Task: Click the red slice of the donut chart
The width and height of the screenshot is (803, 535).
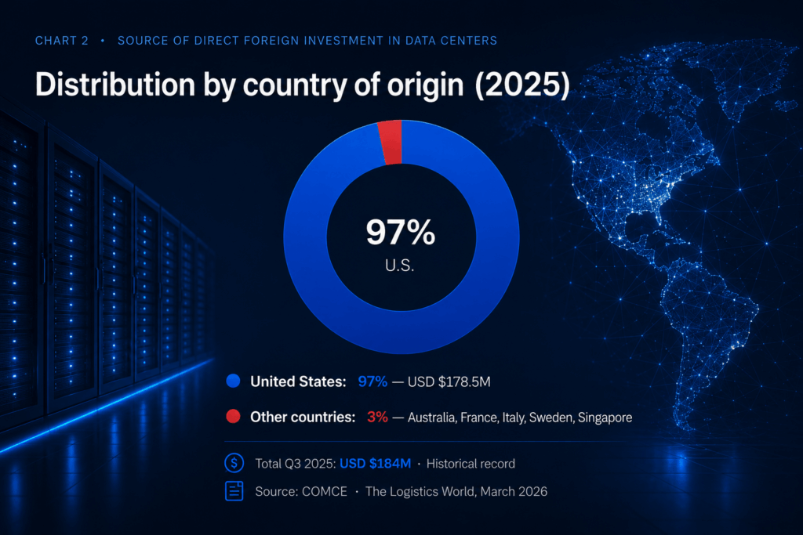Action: click(x=391, y=143)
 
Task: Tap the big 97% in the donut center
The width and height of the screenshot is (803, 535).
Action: click(x=401, y=232)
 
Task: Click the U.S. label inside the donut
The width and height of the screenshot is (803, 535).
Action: click(x=399, y=266)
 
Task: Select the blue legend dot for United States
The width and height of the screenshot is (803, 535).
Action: click(x=233, y=381)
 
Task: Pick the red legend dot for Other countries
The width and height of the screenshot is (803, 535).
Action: click(x=233, y=417)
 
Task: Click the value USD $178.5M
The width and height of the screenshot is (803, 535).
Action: click(x=449, y=381)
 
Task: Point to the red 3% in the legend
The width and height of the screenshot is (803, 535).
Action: click(x=377, y=417)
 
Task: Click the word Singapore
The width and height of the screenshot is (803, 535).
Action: click(x=605, y=418)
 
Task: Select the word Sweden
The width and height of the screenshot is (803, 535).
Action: click(x=551, y=418)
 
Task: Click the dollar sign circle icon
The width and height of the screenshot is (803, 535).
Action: click(x=234, y=463)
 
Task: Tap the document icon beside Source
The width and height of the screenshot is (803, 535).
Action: click(x=234, y=491)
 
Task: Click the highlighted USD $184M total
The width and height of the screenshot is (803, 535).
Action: click(x=376, y=464)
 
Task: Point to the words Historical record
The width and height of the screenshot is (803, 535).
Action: click(x=471, y=464)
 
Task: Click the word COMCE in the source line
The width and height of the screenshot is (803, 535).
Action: click(x=325, y=491)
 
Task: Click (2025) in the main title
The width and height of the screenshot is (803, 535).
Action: click(x=522, y=85)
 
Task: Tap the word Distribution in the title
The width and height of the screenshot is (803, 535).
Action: click(x=115, y=84)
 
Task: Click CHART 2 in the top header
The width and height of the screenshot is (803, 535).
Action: click(x=61, y=41)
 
